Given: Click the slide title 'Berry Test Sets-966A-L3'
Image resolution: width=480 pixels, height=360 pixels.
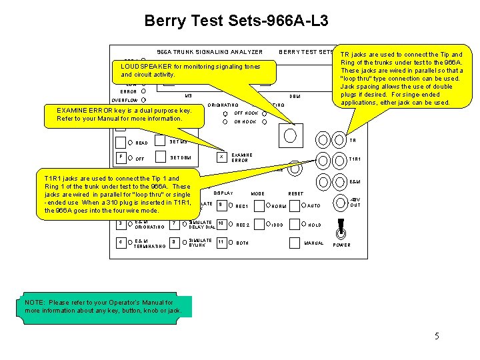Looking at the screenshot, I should [236, 21].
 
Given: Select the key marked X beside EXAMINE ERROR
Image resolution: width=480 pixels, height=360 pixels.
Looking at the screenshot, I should [220, 157].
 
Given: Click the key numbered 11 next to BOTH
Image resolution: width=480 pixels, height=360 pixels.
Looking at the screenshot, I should [221, 243].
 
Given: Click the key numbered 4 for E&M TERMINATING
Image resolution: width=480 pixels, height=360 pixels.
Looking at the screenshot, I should [120, 243].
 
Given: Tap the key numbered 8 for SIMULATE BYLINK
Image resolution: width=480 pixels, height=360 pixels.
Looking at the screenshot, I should [174, 243].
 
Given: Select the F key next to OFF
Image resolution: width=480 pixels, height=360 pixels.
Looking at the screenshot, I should [120, 157].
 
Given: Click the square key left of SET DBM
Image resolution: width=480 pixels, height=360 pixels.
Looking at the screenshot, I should [160, 157].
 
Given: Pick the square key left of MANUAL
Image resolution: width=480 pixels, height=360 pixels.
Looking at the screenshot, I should [293, 243].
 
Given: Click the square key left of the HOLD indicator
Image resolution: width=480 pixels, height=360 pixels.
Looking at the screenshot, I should [293, 225].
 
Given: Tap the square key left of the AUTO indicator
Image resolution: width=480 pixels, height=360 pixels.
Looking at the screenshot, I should [293, 205].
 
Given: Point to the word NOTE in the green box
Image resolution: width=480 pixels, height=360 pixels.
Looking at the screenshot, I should [36, 303].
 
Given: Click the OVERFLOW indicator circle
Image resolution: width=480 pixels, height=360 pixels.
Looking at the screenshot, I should [144, 101].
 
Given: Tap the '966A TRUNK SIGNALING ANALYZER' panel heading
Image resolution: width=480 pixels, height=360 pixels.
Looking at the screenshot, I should [209, 52].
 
